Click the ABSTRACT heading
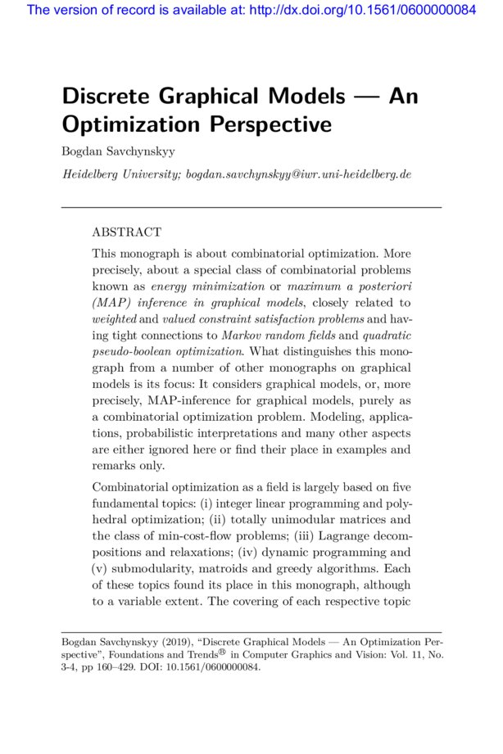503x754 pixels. click(126, 233)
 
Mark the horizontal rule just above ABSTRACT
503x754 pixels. click(251, 207)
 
